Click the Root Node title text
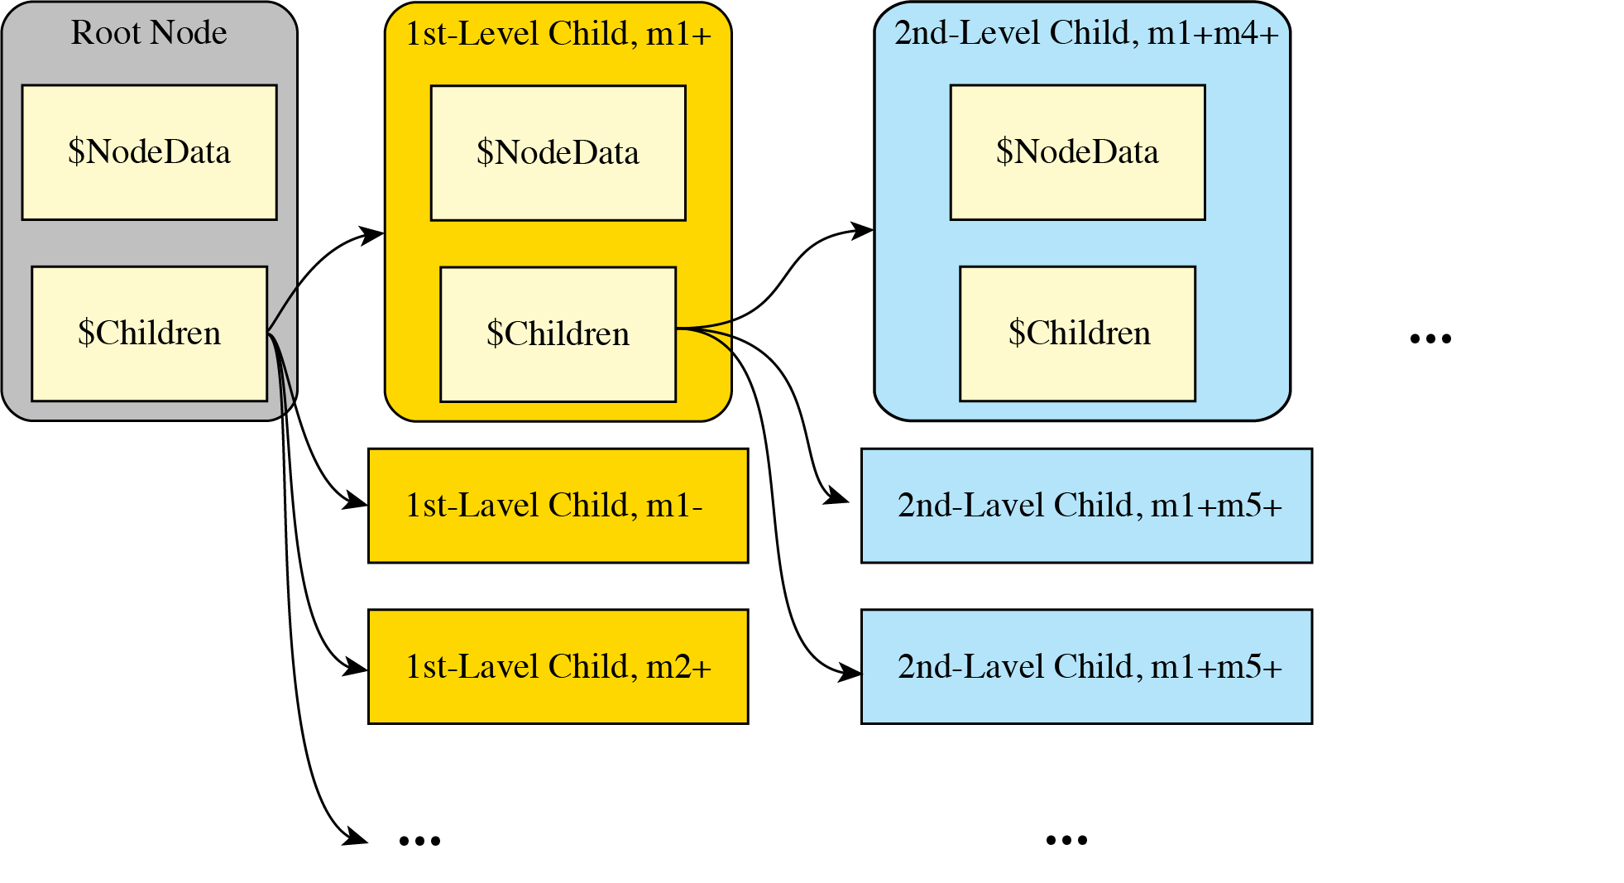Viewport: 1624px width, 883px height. pyautogui.click(x=149, y=33)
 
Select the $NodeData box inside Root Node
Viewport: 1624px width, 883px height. pyautogui.click(x=149, y=152)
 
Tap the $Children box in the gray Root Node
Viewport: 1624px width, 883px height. pyautogui.click(x=149, y=334)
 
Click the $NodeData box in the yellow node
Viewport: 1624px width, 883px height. pyautogui.click(x=558, y=153)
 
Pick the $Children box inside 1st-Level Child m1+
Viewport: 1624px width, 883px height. pyautogui.click(x=558, y=334)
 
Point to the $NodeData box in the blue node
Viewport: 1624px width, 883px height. pyautogui.click(x=1077, y=152)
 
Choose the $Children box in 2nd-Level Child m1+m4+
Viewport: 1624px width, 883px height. pyautogui.click(x=1077, y=334)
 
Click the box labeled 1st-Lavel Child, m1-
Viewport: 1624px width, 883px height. pyautogui.click(x=558, y=506)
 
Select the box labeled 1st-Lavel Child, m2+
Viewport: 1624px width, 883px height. pyautogui.click(x=558, y=667)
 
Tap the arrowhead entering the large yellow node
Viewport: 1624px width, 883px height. pyautogui.click(x=373, y=234)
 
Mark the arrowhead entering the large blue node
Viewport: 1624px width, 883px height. pyautogui.click(x=863, y=229)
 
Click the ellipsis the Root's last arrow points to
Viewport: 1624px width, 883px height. pyautogui.click(x=419, y=841)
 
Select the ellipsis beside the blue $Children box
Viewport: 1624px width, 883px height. pyautogui.click(x=1430, y=338)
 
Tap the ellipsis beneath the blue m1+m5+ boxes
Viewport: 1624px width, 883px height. pyautogui.click(x=1066, y=840)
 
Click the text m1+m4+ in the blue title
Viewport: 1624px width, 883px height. pyautogui.click(x=1212, y=33)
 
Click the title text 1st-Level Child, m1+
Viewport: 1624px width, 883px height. pyautogui.click(x=558, y=34)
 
